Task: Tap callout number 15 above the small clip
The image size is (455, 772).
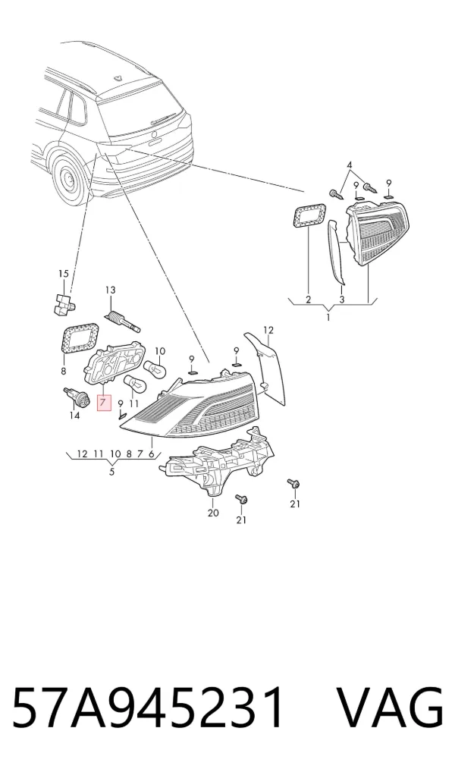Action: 64,274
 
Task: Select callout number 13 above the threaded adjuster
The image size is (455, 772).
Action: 110,290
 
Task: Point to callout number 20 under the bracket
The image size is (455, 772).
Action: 213,513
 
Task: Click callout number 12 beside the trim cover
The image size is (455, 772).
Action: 268,330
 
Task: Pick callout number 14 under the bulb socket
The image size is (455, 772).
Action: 74,416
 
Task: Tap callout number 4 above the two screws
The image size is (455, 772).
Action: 350,165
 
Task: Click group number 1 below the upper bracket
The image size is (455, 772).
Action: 328,317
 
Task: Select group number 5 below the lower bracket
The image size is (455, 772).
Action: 111,472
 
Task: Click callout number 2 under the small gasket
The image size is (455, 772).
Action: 308,299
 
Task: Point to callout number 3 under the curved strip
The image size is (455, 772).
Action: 342,299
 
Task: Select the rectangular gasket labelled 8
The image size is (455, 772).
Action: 79,339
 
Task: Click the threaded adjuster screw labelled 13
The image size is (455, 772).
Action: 123,321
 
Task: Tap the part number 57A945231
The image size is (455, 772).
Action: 148,708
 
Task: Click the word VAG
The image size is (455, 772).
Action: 389,708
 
